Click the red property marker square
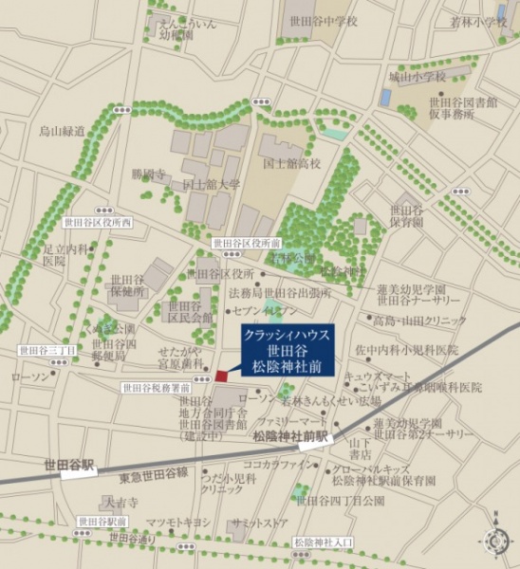point(221,376)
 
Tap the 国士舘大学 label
point(211,185)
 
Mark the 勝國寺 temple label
point(148,174)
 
